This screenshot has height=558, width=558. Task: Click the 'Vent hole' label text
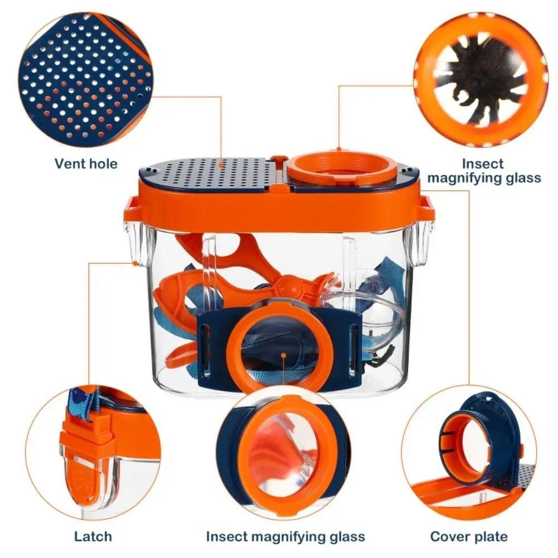[86, 163]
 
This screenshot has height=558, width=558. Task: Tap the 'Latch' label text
[93, 536]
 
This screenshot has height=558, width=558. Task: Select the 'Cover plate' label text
[469, 536]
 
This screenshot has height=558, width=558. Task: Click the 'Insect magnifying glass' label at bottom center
[285, 536]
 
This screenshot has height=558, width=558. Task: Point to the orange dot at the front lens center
[283, 355]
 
